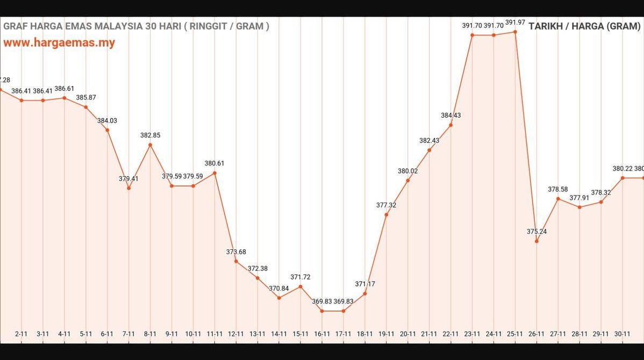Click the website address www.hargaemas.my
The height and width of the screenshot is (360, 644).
point(59,43)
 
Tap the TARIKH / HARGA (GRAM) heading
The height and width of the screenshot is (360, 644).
point(584,26)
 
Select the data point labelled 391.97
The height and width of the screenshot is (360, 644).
point(515,32)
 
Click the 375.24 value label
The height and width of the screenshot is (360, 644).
point(536,232)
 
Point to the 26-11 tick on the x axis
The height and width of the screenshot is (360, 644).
point(536,334)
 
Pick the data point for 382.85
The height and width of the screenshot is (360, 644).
point(150,145)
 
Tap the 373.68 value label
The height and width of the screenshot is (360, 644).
point(236,252)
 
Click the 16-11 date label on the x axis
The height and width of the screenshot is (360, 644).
point(322,334)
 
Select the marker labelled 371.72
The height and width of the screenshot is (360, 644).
point(300,286)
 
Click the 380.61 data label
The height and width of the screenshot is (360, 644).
point(214,163)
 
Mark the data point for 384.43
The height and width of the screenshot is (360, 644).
point(450,125)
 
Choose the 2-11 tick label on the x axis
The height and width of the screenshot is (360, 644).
point(21,334)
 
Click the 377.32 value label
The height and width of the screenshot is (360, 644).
point(386,205)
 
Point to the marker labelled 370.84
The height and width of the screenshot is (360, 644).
point(279,298)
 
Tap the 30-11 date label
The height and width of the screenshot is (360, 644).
point(622,334)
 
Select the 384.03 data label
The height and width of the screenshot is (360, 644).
point(107,121)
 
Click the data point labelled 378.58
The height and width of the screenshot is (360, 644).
point(558,199)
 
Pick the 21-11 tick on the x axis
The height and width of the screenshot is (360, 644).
point(429,334)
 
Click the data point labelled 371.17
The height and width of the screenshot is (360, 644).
point(365,293)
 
